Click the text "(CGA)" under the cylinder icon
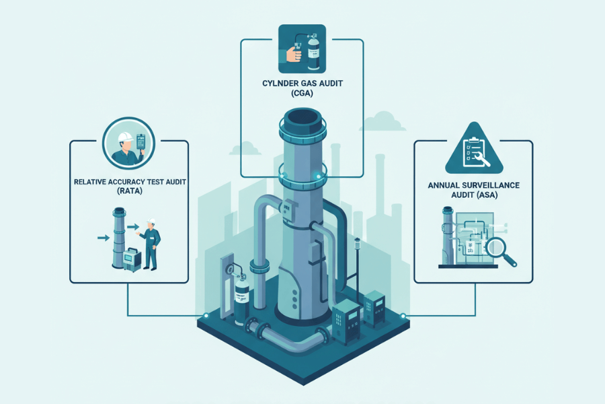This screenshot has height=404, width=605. tap(302, 94)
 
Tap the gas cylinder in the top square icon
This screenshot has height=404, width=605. tap(313, 48)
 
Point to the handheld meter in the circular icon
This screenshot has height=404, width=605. tap(141, 141)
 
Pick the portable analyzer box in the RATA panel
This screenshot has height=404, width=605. tap(129, 259)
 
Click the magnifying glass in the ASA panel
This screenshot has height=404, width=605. tap(498, 249)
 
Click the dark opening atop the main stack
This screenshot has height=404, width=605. tap(302, 120)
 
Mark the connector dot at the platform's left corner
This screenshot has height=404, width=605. tap(206, 316)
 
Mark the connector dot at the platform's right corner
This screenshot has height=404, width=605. tap(402, 316)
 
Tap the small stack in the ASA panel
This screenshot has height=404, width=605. tap(445, 236)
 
